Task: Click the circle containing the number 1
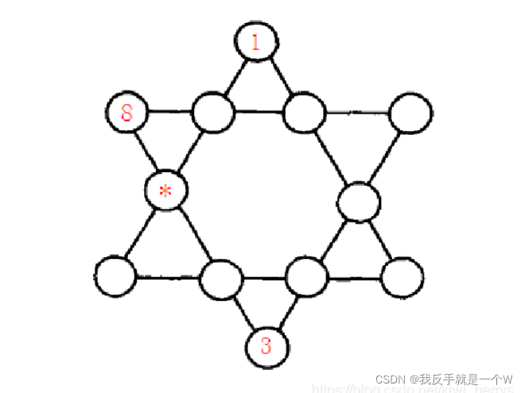coord(255,41)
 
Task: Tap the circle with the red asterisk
coord(166,191)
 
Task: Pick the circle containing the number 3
coord(266,346)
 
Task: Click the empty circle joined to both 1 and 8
coord(213,113)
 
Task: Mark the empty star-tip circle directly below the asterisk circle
coord(115,275)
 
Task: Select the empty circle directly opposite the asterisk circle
coord(360,202)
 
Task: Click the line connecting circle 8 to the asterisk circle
coord(146,151)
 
